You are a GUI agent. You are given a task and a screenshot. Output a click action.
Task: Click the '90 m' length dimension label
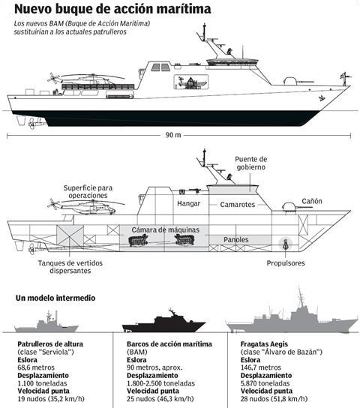click(x=173, y=135)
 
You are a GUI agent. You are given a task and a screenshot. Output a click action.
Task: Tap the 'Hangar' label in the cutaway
click(x=188, y=203)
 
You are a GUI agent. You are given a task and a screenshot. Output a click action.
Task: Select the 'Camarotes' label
click(x=237, y=205)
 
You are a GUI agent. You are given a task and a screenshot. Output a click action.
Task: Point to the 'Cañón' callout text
click(x=312, y=201)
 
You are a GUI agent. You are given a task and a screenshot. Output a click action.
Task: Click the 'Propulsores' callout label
click(x=286, y=263)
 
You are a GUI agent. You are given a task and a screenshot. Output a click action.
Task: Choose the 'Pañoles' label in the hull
click(x=236, y=239)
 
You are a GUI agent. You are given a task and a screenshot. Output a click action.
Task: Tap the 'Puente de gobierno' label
click(x=251, y=163)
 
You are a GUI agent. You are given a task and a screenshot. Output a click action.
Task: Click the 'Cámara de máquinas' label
click(x=166, y=230)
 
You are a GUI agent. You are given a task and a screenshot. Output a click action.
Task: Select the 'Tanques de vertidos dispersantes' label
click(x=70, y=267)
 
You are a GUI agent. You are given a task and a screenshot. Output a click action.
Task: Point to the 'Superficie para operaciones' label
click(x=88, y=191)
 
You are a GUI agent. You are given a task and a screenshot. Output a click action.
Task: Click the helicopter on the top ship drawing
click(x=84, y=79)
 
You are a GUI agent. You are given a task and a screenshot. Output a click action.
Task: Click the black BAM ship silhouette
click(x=163, y=322)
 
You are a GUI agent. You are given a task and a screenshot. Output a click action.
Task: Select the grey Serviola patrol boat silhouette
click(x=46, y=325)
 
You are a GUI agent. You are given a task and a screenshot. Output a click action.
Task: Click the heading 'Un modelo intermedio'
click(x=55, y=298)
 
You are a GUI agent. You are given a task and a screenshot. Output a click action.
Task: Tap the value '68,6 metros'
click(x=36, y=367)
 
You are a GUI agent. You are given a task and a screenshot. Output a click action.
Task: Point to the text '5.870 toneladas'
click(x=265, y=383)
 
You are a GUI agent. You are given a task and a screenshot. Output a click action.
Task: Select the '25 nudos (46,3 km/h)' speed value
click(x=160, y=399)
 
